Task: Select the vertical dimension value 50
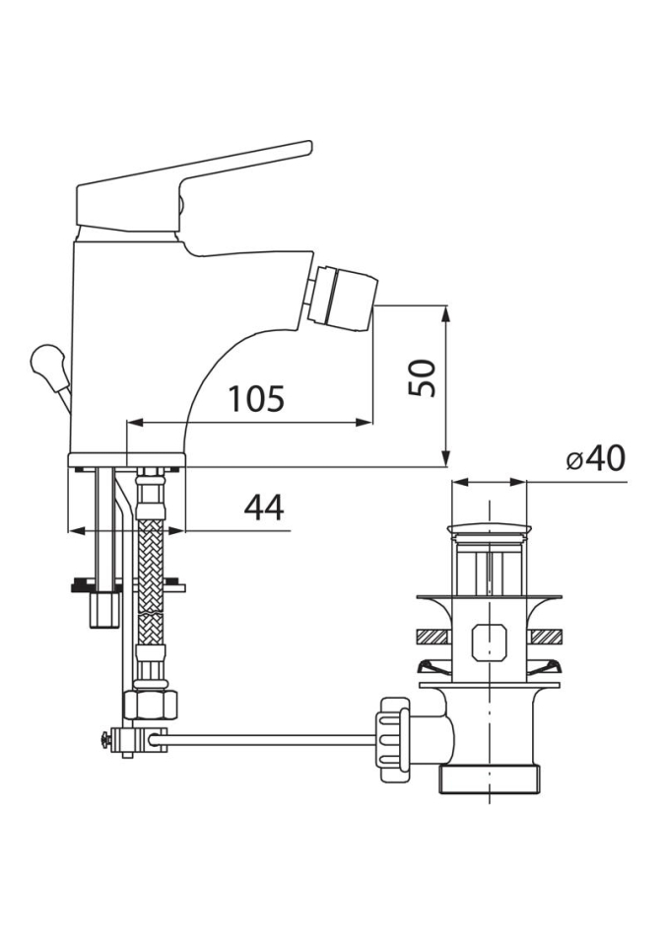pyautogui.click(x=422, y=377)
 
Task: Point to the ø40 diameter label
pyautogui.click(x=596, y=461)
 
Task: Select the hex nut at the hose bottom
pyautogui.click(x=151, y=704)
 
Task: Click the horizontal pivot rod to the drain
pyautogui.click(x=271, y=737)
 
